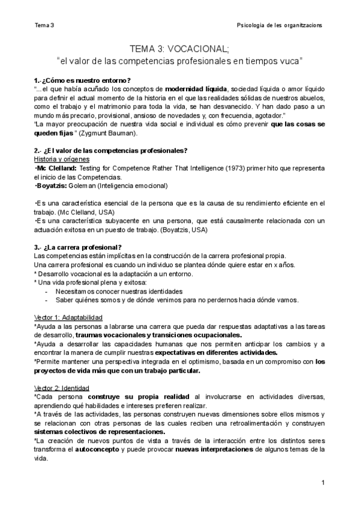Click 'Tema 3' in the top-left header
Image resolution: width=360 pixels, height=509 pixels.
click(44, 25)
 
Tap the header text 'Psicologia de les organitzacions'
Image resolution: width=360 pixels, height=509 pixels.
click(280, 25)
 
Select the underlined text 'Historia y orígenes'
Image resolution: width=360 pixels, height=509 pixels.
click(61, 159)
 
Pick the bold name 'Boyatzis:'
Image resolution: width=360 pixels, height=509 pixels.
click(51, 186)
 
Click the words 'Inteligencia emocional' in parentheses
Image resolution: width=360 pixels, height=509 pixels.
click(131, 186)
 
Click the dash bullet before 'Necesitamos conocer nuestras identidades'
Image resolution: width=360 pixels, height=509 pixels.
click(47, 291)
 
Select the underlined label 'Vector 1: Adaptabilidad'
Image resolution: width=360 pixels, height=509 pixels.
click(68, 317)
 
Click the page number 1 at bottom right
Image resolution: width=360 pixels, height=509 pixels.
click(323, 483)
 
